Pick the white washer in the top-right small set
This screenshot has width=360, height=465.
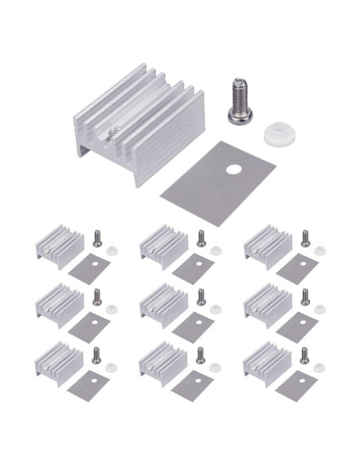(x=320, y=250)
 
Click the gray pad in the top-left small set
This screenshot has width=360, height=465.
(x=88, y=268)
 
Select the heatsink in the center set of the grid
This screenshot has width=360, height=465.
(x=163, y=302)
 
